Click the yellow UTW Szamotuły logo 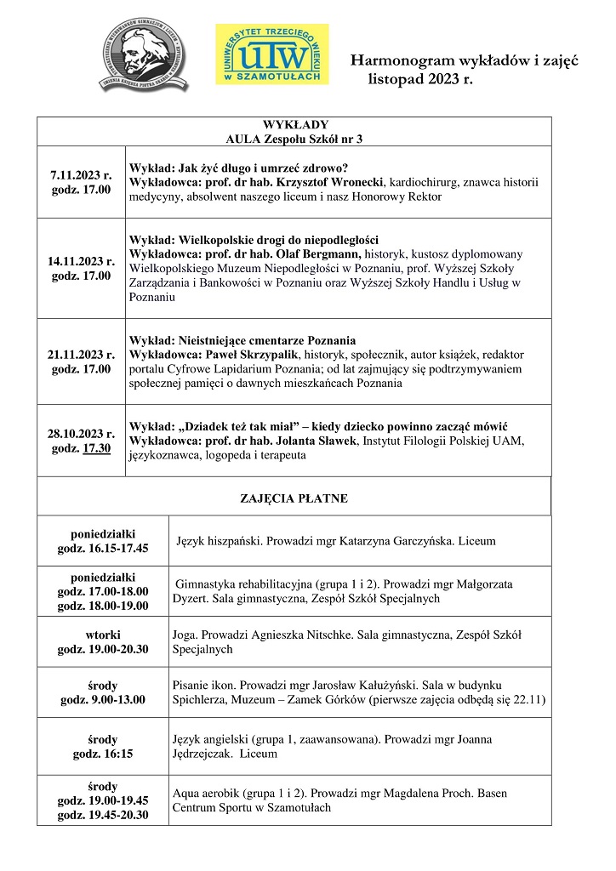[x=271, y=54]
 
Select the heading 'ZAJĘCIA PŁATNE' [x=294, y=498]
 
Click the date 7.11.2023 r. [x=81, y=174]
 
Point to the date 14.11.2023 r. [x=81, y=261]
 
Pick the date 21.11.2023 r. [x=81, y=354]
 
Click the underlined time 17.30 [x=96, y=448]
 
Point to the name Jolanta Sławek [x=317, y=440]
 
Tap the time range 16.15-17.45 [x=118, y=548]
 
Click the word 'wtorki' [x=102, y=634]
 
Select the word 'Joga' [x=185, y=635]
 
